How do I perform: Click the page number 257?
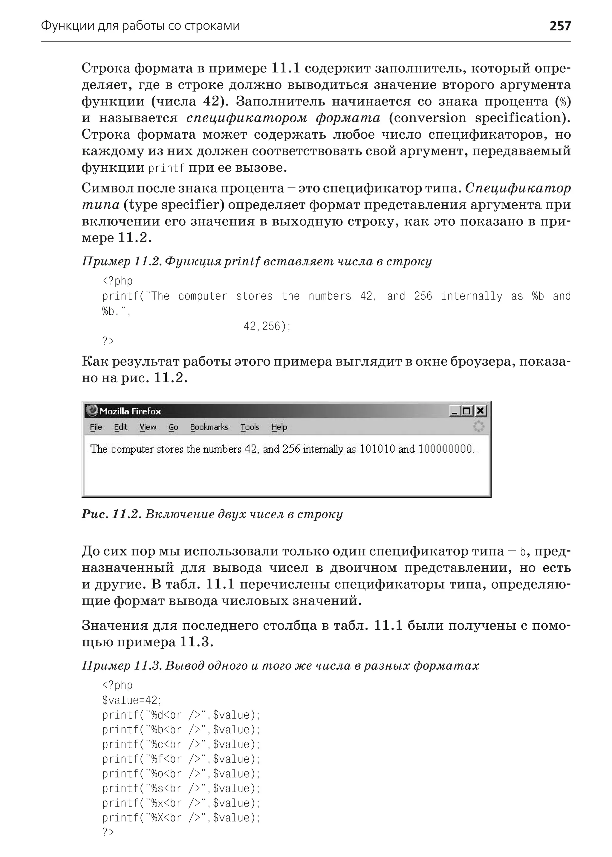560,26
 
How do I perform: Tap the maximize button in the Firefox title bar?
467,411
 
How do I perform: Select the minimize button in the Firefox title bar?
455,411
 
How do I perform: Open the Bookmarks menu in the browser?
209,427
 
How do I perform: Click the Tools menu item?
250,427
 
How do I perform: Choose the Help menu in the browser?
279,427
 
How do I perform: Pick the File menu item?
96,427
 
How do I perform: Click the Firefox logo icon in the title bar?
91,410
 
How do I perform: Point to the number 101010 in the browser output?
377,449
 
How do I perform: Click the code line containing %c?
181,744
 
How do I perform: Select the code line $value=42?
131,700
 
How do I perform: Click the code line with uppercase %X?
181,818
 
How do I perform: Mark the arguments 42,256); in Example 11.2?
267,326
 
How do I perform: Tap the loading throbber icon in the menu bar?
478,427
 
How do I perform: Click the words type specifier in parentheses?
173,205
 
